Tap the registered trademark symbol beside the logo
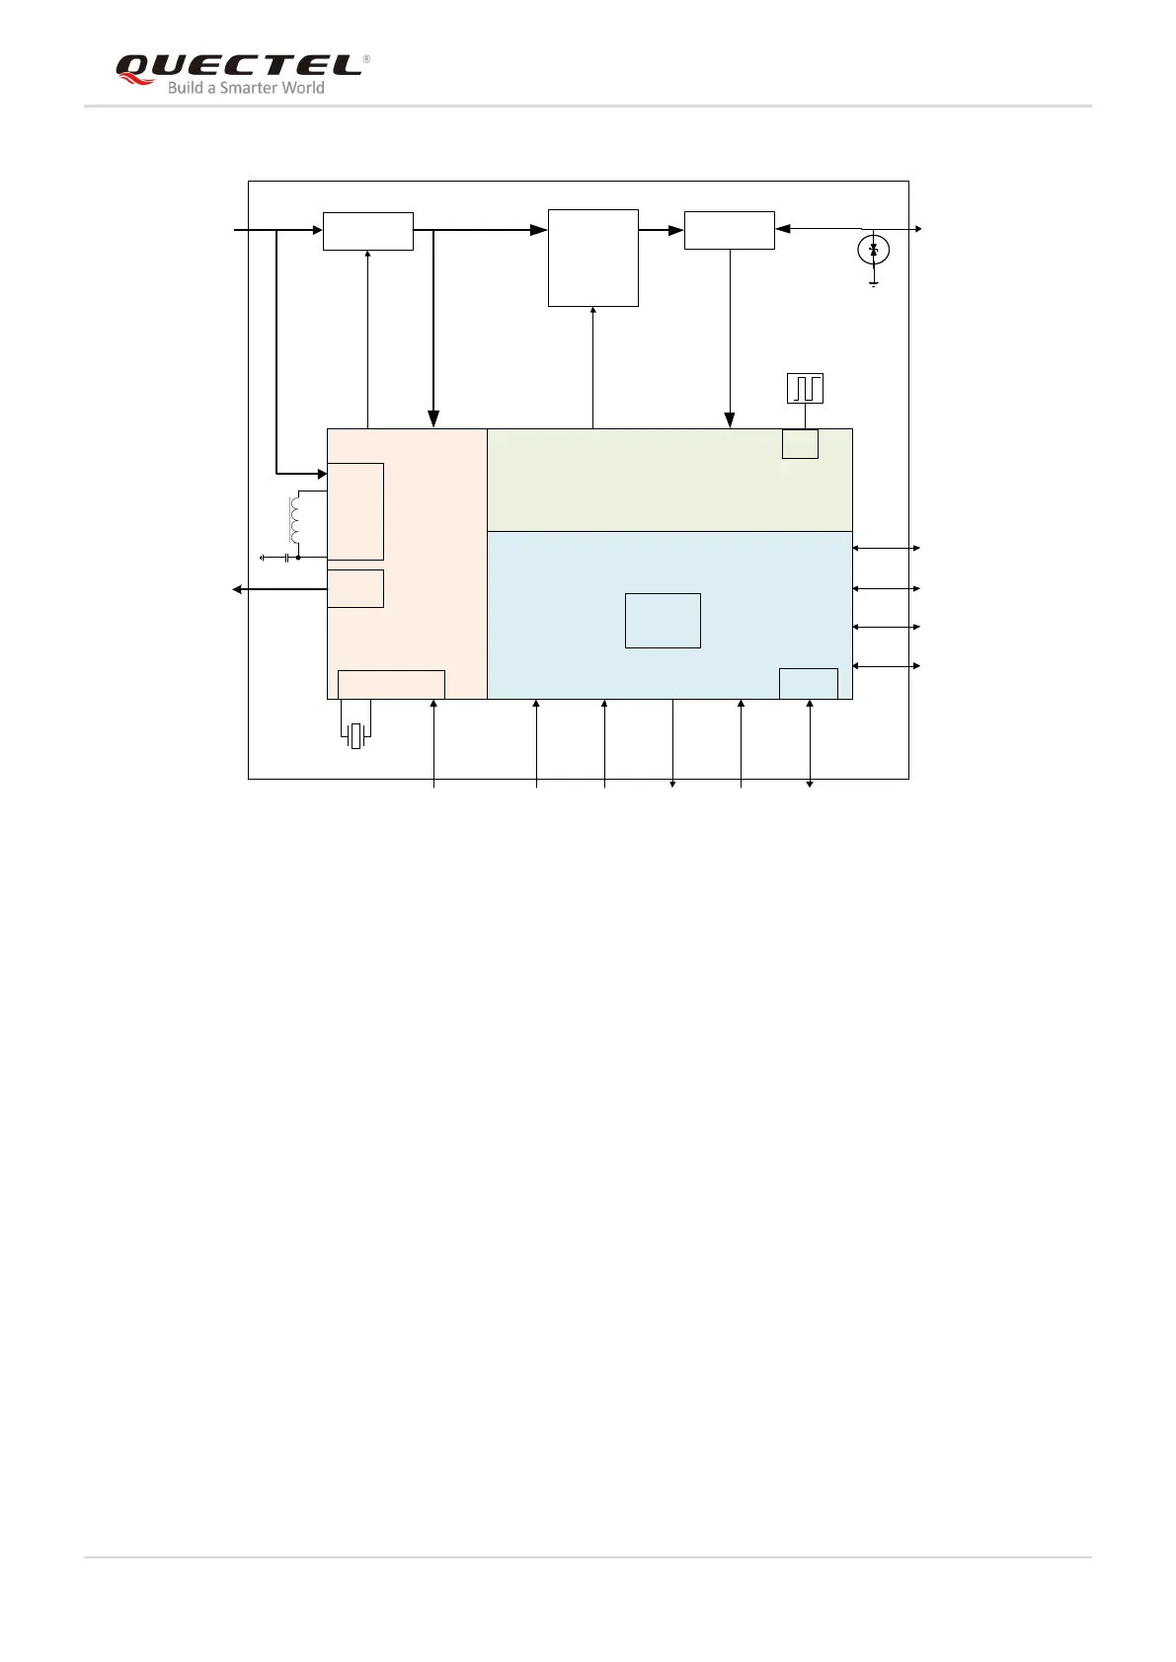click(366, 59)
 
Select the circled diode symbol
click(873, 251)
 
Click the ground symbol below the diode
click(873, 283)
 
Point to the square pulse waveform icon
click(805, 389)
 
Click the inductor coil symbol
click(293, 520)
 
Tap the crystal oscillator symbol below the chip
click(355, 735)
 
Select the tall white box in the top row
click(592, 258)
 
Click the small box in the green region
click(800, 444)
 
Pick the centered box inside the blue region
click(663, 621)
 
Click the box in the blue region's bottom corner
click(808, 683)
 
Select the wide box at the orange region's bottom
click(391, 684)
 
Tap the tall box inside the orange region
click(355, 511)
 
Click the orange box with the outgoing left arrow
click(355, 588)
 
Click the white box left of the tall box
click(367, 231)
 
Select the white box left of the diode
click(729, 230)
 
